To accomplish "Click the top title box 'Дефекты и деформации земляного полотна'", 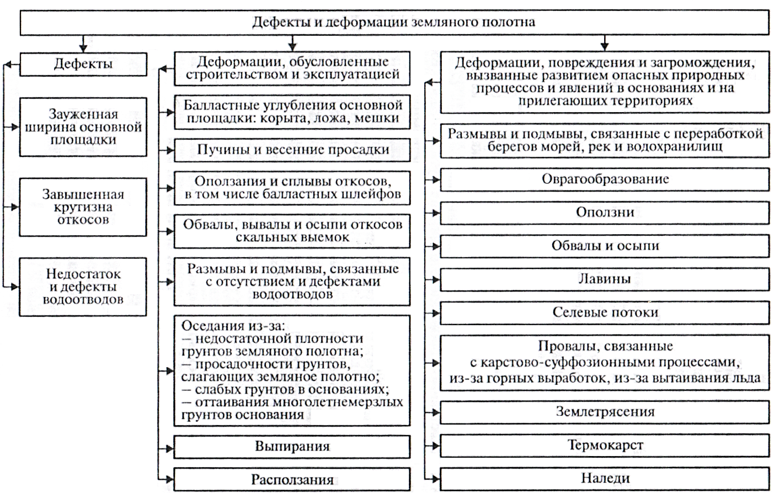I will [393, 23].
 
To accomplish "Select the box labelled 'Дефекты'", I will [83, 63].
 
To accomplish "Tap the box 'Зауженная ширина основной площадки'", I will [83, 127].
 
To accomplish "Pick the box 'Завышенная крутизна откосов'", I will [83, 207].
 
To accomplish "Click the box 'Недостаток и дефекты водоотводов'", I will [83, 287].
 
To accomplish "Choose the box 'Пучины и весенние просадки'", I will [292, 150].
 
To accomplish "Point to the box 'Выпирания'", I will [292, 446].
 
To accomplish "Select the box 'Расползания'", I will [292, 479].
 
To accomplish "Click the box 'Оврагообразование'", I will [605, 179].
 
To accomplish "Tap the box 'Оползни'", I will [605, 213].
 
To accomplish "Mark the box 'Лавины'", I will [605, 279].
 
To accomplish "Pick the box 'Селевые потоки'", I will [605, 312].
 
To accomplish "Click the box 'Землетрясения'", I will [605, 412].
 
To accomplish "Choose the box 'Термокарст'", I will [605, 445].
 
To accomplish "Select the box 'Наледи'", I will [605, 478].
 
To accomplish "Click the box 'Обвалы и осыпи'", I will [605, 246].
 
